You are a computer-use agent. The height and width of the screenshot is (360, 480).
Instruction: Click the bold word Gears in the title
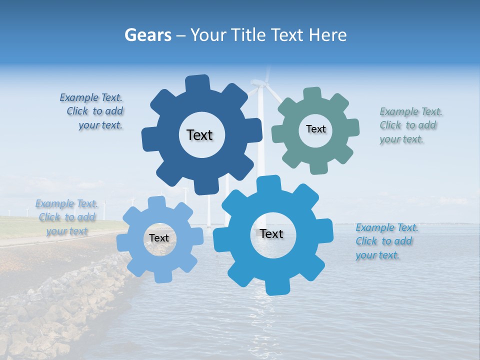click(x=147, y=35)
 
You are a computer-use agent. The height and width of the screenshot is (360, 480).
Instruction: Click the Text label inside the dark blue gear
click(x=199, y=135)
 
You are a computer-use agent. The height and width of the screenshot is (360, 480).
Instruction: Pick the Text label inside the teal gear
click(x=315, y=129)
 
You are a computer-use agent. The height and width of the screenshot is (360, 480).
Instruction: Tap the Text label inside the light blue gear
click(x=159, y=238)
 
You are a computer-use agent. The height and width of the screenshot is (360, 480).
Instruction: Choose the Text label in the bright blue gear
click(x=271, y=233)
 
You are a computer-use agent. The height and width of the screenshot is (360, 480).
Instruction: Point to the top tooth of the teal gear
click(x=311, y=94)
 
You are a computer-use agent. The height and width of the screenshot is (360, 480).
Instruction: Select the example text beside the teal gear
click(x=410, y=125)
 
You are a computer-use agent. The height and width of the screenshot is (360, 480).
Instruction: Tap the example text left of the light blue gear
click(x=67, y=217)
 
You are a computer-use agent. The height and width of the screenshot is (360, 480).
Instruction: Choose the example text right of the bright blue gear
click(x=386, y=241)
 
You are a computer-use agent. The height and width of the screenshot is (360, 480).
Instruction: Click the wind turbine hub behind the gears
click(x=260, y=84)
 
